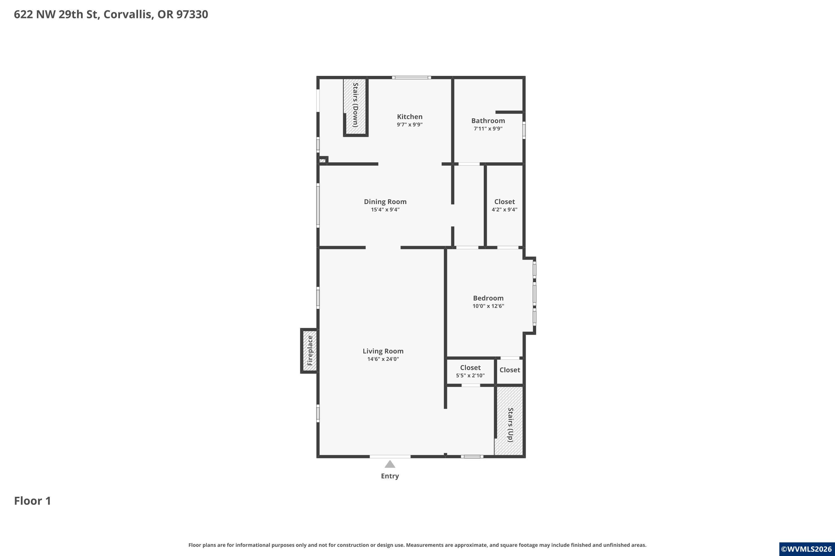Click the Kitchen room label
click(410, 117)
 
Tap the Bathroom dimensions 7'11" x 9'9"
click(488, 128)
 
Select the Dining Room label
click(385, 202)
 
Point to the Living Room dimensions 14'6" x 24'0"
click(383, 359)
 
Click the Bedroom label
click(488, 298)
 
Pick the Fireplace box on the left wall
click(309, 351)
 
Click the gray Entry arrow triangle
click(390, 464)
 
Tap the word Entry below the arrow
click(390, 476)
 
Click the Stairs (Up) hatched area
click(509, 421)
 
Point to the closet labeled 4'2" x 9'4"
click(504, 205)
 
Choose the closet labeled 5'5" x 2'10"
click(470, 371)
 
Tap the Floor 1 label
click(33, 501)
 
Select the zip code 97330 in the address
click(192, 14)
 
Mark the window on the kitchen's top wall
click(411, 77)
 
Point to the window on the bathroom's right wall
click(524, 130)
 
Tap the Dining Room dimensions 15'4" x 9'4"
click(385, 210)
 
